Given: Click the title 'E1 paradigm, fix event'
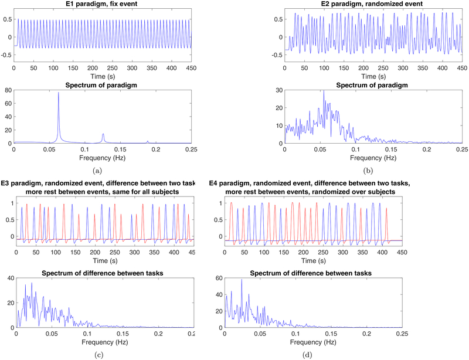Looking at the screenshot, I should point(103,5).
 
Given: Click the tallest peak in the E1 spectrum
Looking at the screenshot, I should point(58,93).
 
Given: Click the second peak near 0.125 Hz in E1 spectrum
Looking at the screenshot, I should point(103,134).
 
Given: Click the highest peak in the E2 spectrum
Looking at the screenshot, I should point(324,91).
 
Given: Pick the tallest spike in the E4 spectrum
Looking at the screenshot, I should point(242,280).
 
